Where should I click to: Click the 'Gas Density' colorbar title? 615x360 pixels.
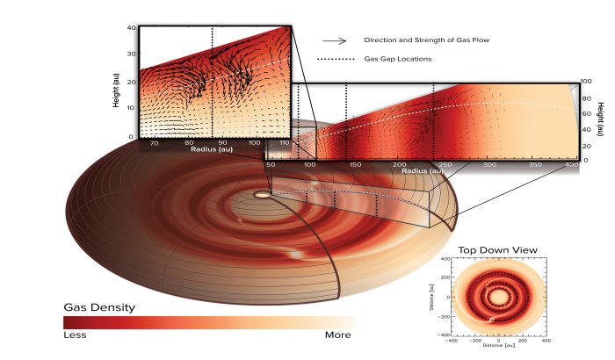coord(99,307)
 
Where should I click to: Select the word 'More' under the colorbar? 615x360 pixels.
coord(338,335)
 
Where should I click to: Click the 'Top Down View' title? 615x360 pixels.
coord(497,250)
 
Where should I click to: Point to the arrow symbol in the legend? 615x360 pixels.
coord(333,40)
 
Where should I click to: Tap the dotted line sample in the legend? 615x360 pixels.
coord(333,59)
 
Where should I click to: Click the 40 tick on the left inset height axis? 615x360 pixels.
coord(131,28)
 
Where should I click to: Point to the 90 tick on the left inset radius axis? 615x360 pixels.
coord(223,142)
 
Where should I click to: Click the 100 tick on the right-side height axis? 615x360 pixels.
coord(585,82)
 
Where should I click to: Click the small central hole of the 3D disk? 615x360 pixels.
coord(262,193)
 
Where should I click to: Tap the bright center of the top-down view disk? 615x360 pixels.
coord(498,297)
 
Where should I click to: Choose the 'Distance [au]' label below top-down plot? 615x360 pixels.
coord(498,344)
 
